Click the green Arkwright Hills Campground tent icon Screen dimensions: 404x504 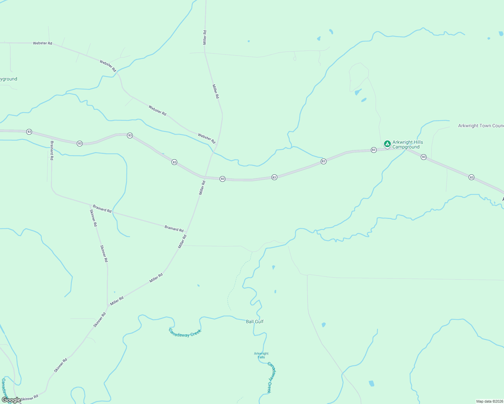[x=387, y=144]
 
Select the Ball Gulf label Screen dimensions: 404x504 [x=255, y=322]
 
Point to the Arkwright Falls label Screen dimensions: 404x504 [x=261, y=355]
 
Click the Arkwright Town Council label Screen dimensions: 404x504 [x=481, y=126]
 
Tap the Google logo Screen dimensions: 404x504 [x=11, y=400]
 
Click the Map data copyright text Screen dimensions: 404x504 [x=490, y=401]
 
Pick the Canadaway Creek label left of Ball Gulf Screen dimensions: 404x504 [x=185, y=333]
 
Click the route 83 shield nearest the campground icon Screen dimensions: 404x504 [x=374, y=150]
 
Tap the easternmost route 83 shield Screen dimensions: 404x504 [x=471, y=177]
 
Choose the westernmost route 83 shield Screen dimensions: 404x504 [x=29, y=132]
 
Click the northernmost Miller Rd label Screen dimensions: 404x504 [x=205, y=37]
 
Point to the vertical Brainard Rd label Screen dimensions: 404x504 [x=52, y=150]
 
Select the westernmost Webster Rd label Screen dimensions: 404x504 [x=42, y=43]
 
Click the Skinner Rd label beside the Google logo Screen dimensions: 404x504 [x=30, y=398]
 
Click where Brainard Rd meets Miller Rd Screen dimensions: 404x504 [x=186, y=232]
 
